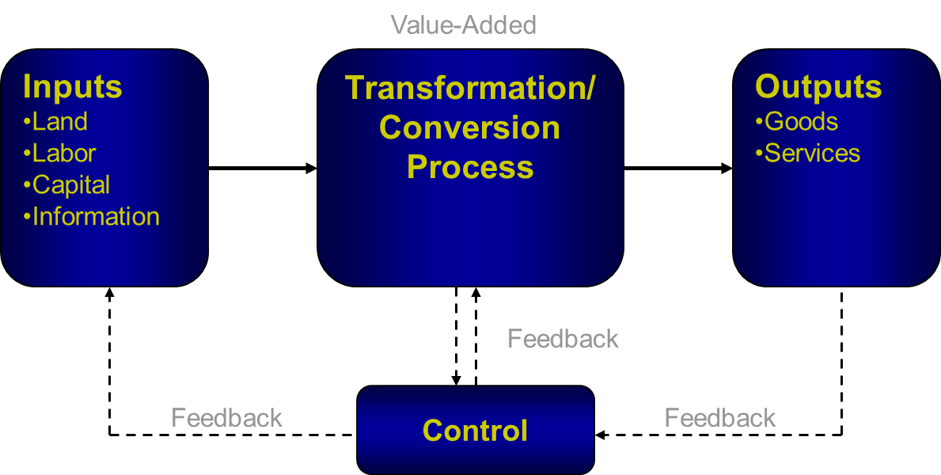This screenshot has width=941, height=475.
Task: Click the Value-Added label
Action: point(464,25)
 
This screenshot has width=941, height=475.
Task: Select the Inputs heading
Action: point(73,86)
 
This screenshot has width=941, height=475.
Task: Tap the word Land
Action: point(60,122)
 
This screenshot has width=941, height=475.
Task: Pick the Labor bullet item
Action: point(64,153)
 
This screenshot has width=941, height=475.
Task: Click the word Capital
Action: point(71,185)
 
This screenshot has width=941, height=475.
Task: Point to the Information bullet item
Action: point(96,217)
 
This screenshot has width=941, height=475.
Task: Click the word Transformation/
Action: point(470,88)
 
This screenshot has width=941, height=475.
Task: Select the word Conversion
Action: point(470,127)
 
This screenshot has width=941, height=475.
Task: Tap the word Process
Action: point(470,167)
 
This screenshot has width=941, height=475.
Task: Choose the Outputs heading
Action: point(818,86)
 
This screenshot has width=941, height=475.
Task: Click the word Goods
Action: point(801,122)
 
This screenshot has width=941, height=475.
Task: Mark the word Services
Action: point(812,153)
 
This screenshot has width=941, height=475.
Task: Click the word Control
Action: point(475,431)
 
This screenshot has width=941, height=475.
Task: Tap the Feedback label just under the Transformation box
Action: point(563,339)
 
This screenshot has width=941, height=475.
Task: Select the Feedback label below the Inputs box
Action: point(227,418)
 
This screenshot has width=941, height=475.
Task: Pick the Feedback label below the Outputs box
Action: point(720,418)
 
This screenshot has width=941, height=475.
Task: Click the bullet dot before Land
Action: point(27,122)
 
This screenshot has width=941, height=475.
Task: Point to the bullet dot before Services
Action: point(759,153)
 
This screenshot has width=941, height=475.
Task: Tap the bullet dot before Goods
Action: point(759,122)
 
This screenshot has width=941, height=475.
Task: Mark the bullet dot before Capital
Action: point(27,185)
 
